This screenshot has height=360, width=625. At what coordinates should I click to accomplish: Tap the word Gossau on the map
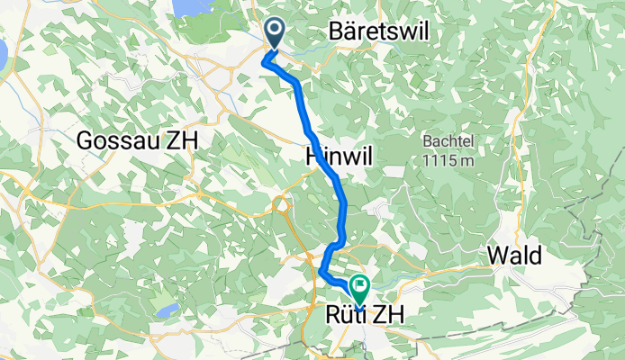114,140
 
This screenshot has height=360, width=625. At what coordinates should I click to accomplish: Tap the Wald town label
515,256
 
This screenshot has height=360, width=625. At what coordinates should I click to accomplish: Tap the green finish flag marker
360,289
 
